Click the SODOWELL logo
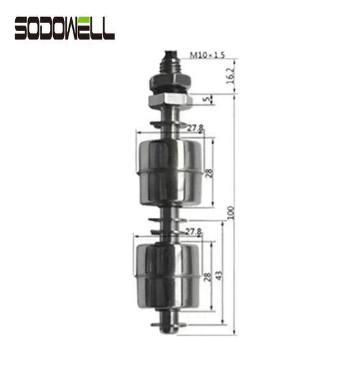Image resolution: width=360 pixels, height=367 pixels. click(x=65, y=28)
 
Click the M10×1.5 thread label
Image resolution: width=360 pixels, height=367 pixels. click(x=207, y=55)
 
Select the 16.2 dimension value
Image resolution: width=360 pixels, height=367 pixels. click(x=230, y=76)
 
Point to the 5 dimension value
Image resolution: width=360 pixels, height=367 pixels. click(x=207, y=99)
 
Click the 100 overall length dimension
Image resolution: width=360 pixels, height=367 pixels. click(x=230, y=212)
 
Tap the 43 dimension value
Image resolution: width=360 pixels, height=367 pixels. click(x=219, y=275)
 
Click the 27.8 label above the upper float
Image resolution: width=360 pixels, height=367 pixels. click(x=196, y=128)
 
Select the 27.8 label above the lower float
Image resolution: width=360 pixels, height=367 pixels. click(x=194, y=231)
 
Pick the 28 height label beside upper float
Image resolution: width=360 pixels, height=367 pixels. click(x=209, y=173)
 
